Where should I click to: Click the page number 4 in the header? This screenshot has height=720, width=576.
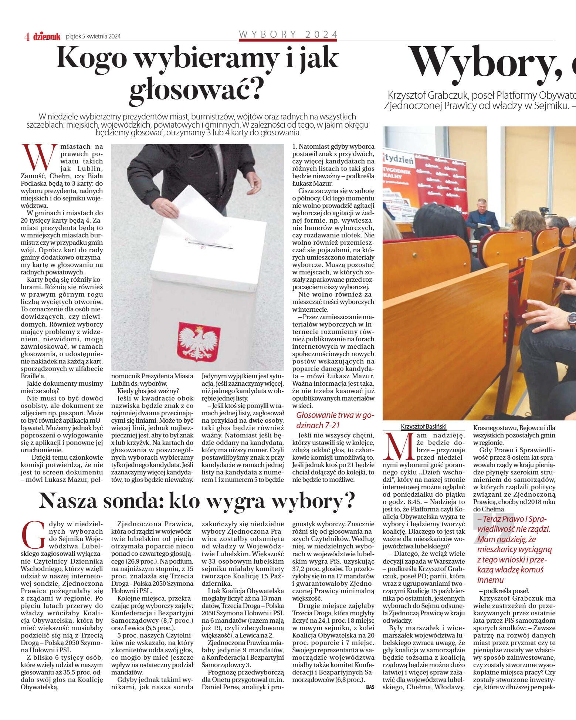point(27,37)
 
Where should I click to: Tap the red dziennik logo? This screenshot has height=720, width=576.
point(47,37)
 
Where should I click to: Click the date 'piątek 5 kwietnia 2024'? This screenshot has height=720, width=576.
point(93,36)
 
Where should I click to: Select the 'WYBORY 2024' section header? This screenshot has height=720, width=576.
point(288,34)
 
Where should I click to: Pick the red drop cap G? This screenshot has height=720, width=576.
point(34,535)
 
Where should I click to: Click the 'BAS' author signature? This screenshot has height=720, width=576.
point(370,687)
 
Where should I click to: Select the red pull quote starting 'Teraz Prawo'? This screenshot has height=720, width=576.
point(514,549)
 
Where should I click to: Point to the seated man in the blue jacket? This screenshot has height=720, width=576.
point(482,218)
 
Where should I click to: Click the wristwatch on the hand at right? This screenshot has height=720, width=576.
point(572,320)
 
